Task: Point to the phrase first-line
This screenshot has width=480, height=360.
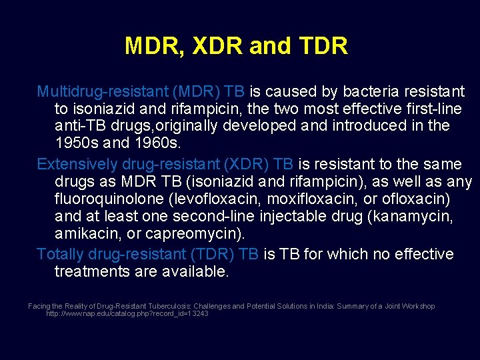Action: pyautogui.click(x=434, y=109)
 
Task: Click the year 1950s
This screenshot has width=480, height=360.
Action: pyautogui.click(x=73, y=143)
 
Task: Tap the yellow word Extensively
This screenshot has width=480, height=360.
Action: pyautogui.click(x=71, y=164)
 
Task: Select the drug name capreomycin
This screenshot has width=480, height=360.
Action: pyautogui.click(x=200, y=234)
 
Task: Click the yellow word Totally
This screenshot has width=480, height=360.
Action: pyautogui.click(x=58, y=254)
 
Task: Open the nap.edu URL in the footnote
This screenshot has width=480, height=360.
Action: pyautogui.click(x=127, y=313)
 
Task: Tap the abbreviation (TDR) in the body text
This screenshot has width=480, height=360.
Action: pyautogui.click(x=213, y=254)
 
